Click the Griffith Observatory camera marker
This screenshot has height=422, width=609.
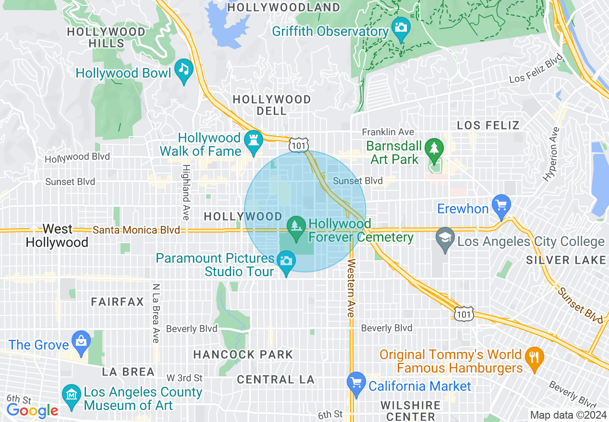click(x=400, y=27)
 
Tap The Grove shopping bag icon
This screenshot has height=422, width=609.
click(x=81, y=341)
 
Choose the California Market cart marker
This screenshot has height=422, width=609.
click(x=356, y=383)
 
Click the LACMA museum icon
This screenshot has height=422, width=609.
click(x=72, y=395)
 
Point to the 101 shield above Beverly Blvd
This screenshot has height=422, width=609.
click(x=463, y=313)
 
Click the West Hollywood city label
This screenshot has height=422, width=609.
click(x=57, y=235)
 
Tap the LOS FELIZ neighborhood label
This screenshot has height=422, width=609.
click(x=488, y=126)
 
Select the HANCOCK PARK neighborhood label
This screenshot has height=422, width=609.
click(x=243, y=355)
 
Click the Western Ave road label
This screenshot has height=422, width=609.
click(x=351, y=288)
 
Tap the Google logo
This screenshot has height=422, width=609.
click(x=32, y=410)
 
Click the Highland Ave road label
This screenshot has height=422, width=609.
click(x=186, y=192)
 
